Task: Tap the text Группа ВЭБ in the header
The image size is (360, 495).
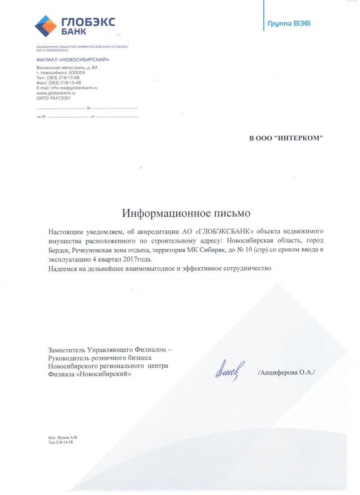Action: point(286,23)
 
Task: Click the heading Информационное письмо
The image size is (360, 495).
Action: point(186,211)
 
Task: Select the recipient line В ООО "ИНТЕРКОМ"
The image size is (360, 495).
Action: point(286,138)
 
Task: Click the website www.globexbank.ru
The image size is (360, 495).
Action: point(55,93)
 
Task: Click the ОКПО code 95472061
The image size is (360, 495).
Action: point(60,98)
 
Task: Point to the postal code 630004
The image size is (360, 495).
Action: point(75,72)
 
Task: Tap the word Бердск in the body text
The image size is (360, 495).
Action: point(58,250)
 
